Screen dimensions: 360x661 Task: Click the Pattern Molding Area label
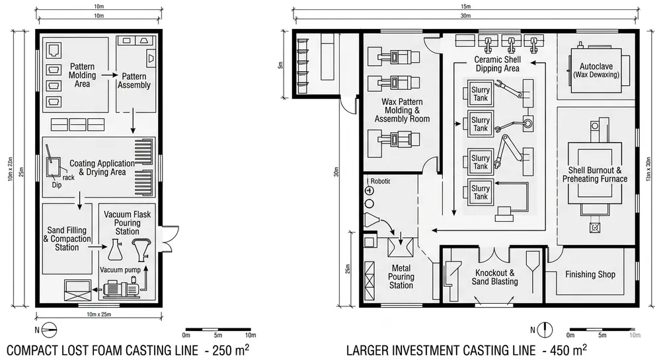[x=83, y=75]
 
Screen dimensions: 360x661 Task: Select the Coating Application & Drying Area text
[x=98, y=168]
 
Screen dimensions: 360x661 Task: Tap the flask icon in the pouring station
[x=115, y=250]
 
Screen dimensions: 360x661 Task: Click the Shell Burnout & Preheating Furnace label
[x=598, y=174]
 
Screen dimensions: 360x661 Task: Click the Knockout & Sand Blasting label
[x=494, y=277]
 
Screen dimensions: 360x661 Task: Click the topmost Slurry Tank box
[x=481, y=93]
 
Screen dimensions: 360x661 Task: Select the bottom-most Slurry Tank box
[x=481, y=192]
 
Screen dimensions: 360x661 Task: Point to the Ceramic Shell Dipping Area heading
[x=497, y=63]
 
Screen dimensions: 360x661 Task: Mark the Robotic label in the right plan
[x=381, y=181]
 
